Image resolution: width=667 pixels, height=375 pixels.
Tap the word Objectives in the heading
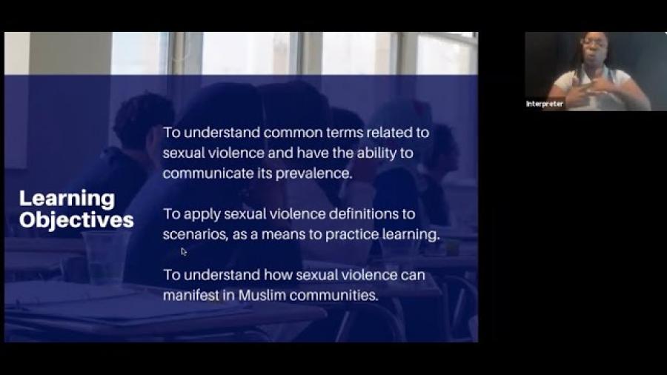pyautogui.click(x=76, y=220)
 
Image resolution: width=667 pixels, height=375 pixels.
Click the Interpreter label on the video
pyautogui.click(x=545, y=104)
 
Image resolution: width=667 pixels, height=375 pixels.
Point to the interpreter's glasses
pyautogui.click(x=594, y=42)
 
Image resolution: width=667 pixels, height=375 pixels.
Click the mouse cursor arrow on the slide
pyautogui.click(x=183, y=252)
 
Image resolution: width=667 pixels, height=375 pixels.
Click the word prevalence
pyautogui.click(x=314, y=173)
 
